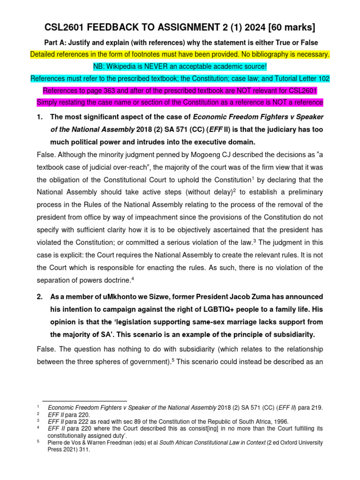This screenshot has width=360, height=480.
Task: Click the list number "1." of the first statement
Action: click(40, 117)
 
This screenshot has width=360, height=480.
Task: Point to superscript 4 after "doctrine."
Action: click(146, 278)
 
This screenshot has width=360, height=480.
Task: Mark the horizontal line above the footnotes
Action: click(84, 401)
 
